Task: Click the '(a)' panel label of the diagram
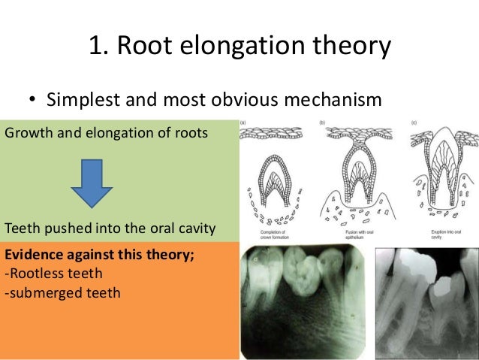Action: tap(246, 123)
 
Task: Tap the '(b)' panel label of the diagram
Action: tap(323, 123)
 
